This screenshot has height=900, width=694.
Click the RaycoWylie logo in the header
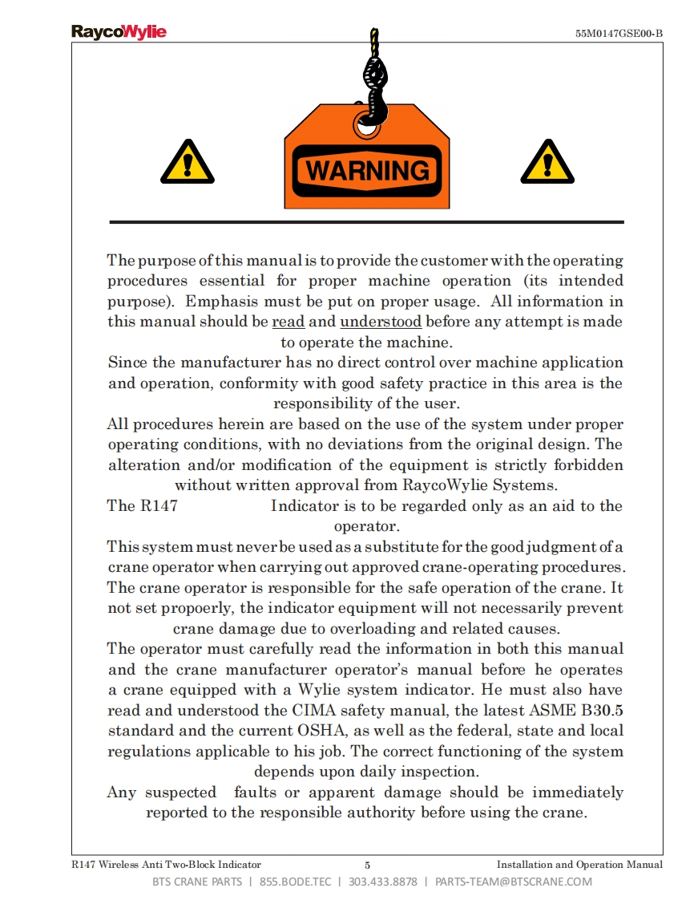coord(119,32)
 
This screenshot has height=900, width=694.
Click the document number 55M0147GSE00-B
coord(619,34)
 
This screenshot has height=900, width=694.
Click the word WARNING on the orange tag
coord(368,171)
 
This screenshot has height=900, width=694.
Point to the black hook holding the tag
coord(373,88)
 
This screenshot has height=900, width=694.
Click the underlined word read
coord(288,322)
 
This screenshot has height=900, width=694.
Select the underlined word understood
coord(381,322)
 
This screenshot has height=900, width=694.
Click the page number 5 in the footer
coord(367,865)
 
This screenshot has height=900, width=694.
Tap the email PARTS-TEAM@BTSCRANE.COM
coord(514,882)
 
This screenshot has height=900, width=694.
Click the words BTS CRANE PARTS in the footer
coord(197,882)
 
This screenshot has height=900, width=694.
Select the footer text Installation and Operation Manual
coord(579,865)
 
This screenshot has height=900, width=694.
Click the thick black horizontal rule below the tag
coord(366,221)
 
